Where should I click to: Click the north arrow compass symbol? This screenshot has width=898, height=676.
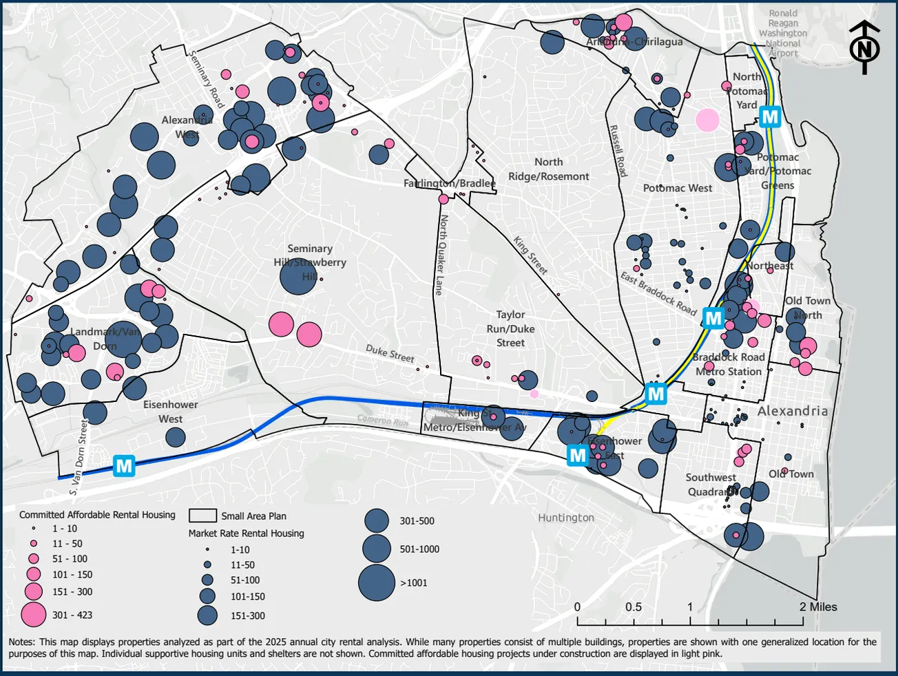coord(865,47)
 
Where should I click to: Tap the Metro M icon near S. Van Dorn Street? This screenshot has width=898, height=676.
coord(124,466)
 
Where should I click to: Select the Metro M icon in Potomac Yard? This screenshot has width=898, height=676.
coord(770,117)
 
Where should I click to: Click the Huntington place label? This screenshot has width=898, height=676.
coord(565,518)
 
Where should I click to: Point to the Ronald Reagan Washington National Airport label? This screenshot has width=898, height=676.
coord(783,33)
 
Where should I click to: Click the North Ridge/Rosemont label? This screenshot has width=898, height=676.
coord(548,169)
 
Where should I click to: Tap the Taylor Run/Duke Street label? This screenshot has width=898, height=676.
coord(510,328)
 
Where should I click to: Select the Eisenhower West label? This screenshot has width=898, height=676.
coord(170,412)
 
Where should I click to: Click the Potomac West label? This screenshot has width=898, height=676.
coord(678,188)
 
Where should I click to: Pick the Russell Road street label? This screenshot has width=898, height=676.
coord(618,151)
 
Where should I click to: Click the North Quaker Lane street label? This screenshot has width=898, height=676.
coord(441,255)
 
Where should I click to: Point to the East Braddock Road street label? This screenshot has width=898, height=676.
coord(658,293)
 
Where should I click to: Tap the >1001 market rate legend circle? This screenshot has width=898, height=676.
coord(377,582)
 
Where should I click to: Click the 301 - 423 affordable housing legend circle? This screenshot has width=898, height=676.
coord(33,615)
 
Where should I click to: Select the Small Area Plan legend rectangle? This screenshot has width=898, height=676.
coord(202,516)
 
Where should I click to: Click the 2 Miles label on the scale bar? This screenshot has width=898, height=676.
coord(818,606)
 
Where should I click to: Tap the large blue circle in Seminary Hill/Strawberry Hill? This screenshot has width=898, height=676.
coord(298,277)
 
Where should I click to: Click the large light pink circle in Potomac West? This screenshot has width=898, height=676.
coord(707,120)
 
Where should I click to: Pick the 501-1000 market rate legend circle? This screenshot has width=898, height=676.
coord(377,549)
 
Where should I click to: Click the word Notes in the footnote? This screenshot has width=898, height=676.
coord(23,642)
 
